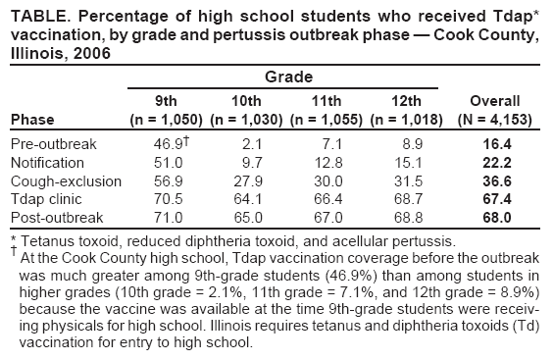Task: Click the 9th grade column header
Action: pyautogui.click(x=167, y=101)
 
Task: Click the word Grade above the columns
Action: pyautogui.click(x=287, y=76)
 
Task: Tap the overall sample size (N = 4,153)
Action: pyautogui.click(x=494, y=119)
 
